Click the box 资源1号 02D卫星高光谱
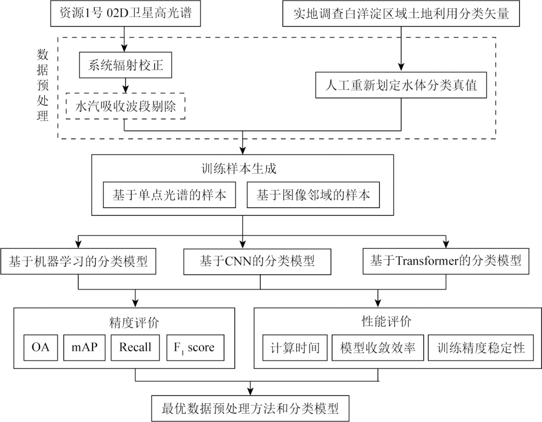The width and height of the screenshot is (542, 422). coord(124,14)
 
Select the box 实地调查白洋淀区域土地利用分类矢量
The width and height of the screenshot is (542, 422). coord(401,14)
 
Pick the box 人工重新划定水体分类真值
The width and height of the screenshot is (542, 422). coord(401,85)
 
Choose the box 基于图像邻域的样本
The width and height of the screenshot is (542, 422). coord(313,195)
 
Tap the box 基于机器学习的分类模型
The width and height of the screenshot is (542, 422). coord(78,261)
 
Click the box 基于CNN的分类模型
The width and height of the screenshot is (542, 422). coord(258,261)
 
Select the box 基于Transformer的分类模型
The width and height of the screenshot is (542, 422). coord(445,261)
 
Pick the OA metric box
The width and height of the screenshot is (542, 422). coord(40,347)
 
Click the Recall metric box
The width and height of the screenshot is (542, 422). coord(135,347)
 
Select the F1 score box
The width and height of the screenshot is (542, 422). coord(195,347)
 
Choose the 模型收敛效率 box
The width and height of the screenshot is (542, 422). coord(377,347)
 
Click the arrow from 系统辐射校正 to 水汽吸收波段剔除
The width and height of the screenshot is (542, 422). coord(125,84)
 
